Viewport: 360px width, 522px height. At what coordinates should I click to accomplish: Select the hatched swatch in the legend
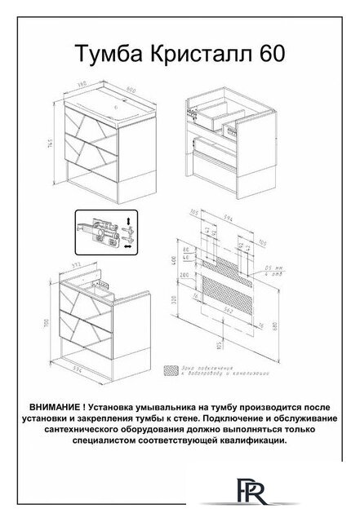[x=171, y=369]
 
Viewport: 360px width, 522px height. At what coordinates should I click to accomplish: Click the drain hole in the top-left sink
[x=119, y=106]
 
